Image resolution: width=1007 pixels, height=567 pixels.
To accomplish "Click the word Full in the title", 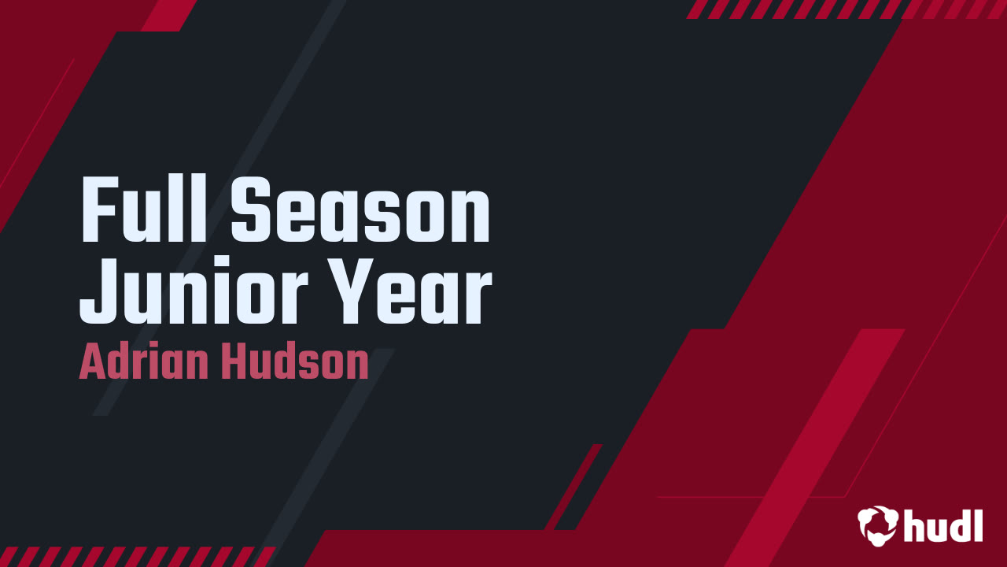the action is tap(144, 209).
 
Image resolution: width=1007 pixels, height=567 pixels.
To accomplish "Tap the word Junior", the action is tap(194, 290).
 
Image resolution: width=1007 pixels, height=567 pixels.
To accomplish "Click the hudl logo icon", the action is tap(877, 525).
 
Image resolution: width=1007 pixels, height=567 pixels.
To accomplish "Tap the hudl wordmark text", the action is tap(943, 525).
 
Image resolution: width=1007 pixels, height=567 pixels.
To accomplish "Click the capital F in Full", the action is tap(99, 209).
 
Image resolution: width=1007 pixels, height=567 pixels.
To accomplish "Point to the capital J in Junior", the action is tap(99, 291).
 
